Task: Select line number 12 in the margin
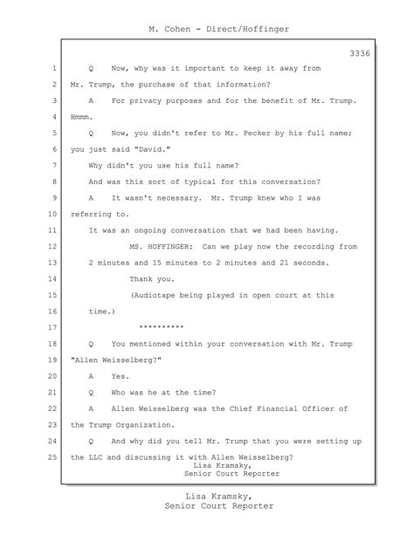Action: (x=52, y=247)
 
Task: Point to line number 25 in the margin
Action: (x=52, y=457)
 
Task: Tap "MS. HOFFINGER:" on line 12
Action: (x=162, y=247)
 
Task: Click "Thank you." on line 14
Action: (x=152, y=279)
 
